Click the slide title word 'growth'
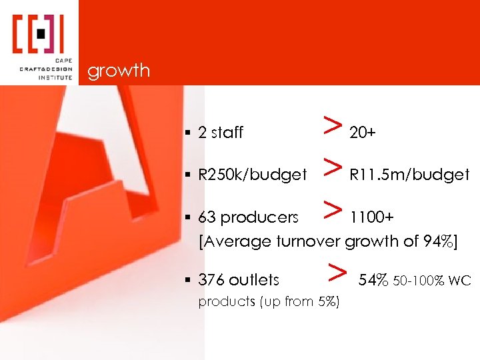pos(119,71)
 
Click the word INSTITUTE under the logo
pos(54,77)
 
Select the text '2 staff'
pos(221,133)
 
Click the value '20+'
pos(362,133)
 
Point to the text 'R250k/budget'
pos(253,175)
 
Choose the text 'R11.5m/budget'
pos(409,175)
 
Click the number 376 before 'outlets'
pos(211,281)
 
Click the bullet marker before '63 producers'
pos(191,218)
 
